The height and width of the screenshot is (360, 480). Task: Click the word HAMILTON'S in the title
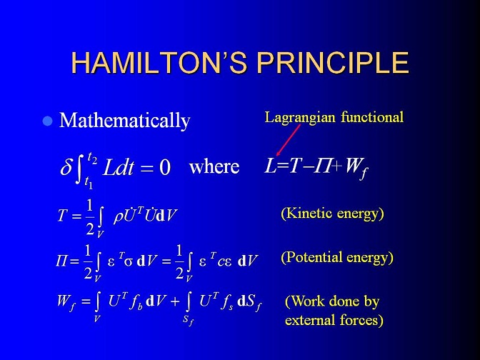[x=159, y=62]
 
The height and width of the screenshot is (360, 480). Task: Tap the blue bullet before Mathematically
[x=47, y=121]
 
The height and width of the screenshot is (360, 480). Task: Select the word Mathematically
[x=124, y=121]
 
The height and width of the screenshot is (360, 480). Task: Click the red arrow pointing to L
[x=288, y=140]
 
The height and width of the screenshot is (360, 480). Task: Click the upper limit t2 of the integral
[x=92, y=158]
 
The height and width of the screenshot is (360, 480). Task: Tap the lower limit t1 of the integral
[x=89, y=183]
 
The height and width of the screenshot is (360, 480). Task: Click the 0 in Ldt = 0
[x=165, y=168]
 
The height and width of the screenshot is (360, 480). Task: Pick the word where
[x=214, y=167]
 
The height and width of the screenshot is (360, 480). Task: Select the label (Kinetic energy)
[x=332, y=214]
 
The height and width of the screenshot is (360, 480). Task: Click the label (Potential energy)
[x=337, y=257]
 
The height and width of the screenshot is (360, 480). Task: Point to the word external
[x=310, y=320]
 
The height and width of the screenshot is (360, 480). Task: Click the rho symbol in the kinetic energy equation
[x=118, y=217]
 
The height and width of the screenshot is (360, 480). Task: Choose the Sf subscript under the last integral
[x=188, y=320]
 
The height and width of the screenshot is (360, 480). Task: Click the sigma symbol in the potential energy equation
[x=129, y=261]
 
